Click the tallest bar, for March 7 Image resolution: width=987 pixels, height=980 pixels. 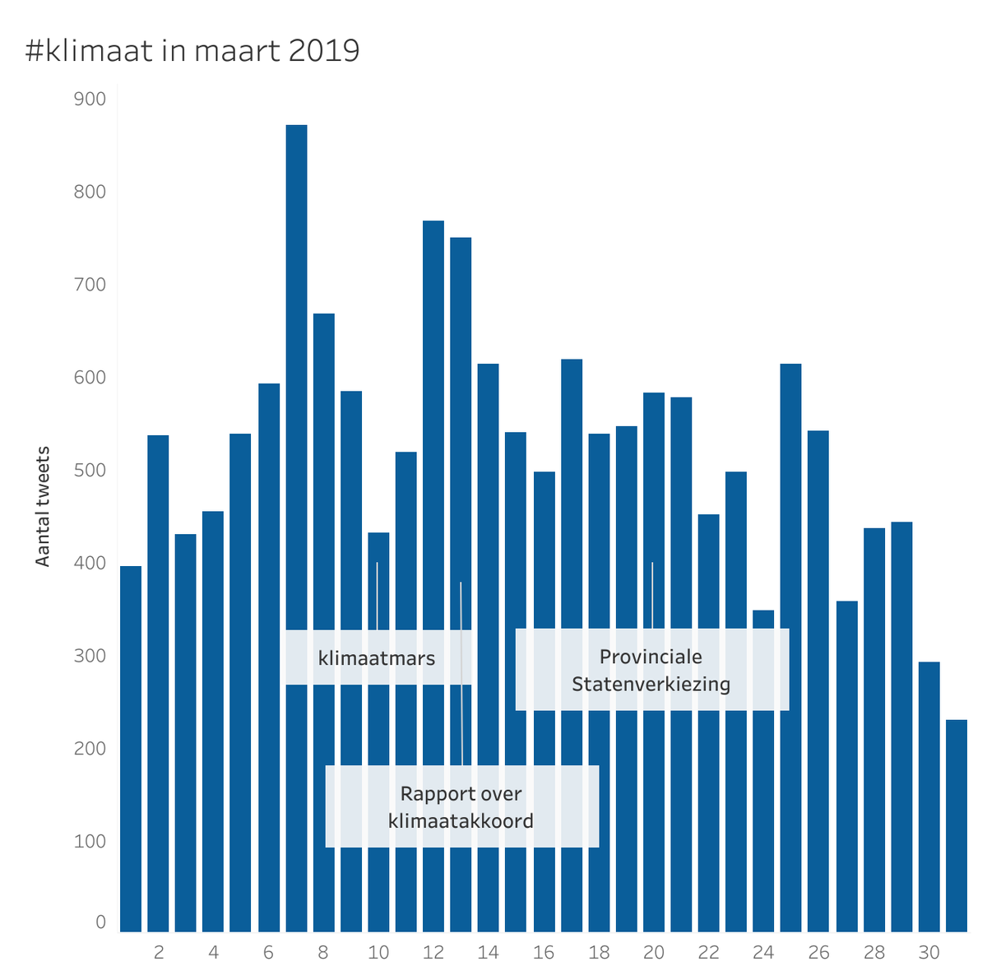coord(296,411)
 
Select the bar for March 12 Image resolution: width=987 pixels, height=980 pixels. coord(433,494)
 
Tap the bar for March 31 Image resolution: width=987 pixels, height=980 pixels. coord(957,823)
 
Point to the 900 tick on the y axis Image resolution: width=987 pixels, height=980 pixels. coord(90,100)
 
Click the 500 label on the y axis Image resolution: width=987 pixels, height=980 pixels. coord(90,471)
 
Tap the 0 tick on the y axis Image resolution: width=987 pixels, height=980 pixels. coord(100,922)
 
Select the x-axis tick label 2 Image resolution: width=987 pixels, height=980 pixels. coord(159,953)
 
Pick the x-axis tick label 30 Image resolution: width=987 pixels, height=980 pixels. coord(929,953)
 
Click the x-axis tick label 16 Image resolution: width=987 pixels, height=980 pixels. coord(544,953)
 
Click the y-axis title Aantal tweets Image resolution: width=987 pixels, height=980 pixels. coord(44,506)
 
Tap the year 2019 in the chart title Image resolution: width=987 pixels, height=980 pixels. coord(325,51)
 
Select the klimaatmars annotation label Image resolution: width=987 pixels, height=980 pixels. coord(377,658)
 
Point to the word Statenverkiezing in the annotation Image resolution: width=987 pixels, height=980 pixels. coord(651,684)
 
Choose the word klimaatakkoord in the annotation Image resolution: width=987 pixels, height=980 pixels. coord(461,820)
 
